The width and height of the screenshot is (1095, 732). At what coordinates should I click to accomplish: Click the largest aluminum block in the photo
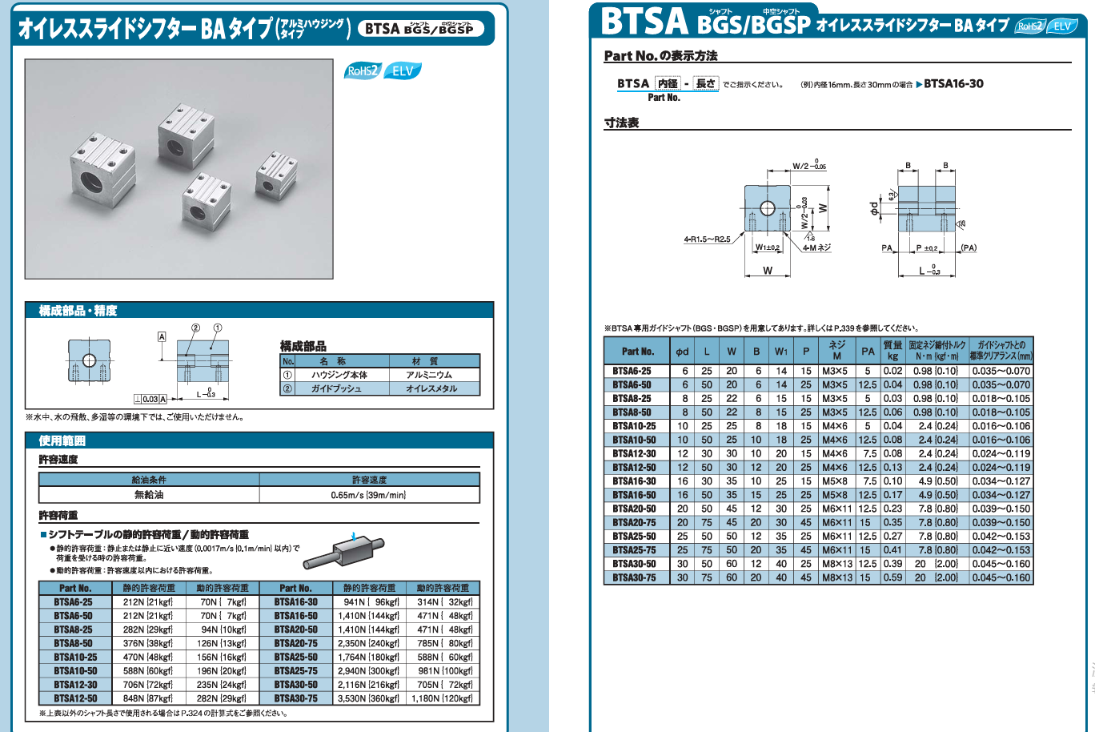(102, 170)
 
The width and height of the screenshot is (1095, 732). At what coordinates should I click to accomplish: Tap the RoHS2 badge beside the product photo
(363, 71)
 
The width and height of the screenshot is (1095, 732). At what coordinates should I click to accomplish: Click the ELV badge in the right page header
(1061, 26)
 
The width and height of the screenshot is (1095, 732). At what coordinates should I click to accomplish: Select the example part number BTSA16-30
(953, 83)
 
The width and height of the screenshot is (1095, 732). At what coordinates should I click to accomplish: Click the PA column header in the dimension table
(868, 351)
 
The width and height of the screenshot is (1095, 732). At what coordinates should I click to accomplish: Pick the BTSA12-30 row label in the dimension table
(634, 454)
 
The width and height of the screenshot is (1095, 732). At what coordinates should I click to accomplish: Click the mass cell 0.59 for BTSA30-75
(892, 577)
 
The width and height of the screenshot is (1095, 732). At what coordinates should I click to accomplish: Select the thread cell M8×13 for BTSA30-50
(837, 564)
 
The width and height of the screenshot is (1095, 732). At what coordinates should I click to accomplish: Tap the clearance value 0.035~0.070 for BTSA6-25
(1001, 371)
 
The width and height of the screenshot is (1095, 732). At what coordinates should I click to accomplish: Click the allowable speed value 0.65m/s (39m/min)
(368, 495)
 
